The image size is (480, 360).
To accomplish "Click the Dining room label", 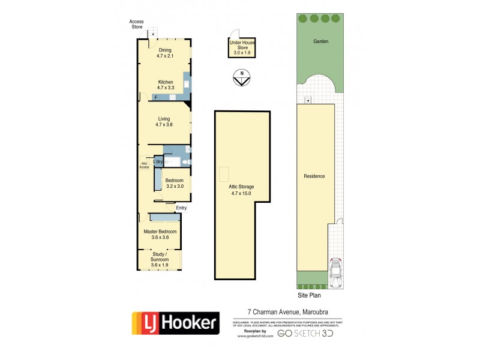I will point(164,53).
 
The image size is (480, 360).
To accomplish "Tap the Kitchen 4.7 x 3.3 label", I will point(166,85).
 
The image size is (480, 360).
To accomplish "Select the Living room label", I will point(164,122).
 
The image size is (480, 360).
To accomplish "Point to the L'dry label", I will point(158,162).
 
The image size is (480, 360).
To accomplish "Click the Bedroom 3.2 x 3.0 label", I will point(174,184).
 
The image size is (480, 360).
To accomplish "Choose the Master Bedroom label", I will point(160,234).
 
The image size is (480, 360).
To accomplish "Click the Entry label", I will point(181,208).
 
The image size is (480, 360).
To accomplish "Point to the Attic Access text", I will point(144,166).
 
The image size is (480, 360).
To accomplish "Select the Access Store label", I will point(137,24).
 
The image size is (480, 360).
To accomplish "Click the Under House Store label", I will point(239,47).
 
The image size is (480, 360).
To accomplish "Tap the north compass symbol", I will point(241,78).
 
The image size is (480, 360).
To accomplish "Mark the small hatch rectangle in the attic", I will point(224,173).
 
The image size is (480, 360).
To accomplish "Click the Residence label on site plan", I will point(314,176).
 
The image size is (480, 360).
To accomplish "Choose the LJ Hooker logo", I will point(175,325).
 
